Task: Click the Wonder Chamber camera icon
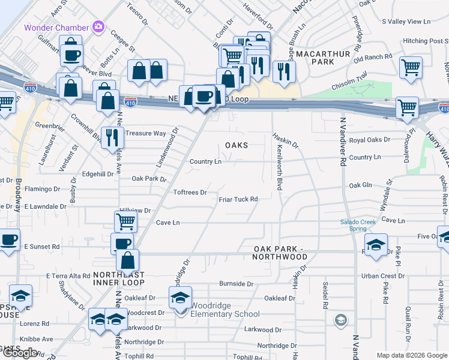tap(98, 27)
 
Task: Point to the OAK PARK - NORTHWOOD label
tap(281, 253)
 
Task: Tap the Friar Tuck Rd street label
tap(238, 199)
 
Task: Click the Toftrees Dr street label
tap(190, 193)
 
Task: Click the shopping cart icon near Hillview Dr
tap(126, 221)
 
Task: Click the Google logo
tap(20, 353)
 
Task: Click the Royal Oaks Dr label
tap(369, 140)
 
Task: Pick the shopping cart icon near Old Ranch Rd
tap(411, 67)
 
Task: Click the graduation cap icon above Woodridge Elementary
tap(181, 296)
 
